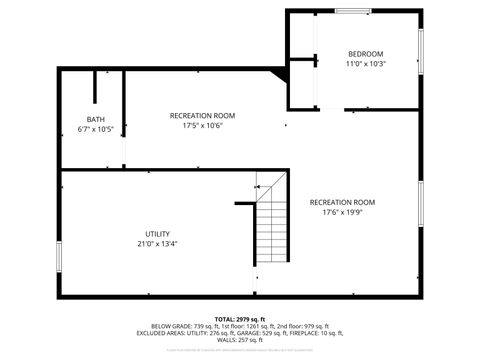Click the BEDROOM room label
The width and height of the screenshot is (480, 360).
click(365, 53)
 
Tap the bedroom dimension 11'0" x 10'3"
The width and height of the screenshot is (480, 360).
click(365, 63)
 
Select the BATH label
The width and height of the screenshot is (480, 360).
click(95, 119)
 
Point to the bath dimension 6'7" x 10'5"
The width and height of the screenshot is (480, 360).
click(95, 130)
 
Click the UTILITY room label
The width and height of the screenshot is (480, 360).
click(157, 234)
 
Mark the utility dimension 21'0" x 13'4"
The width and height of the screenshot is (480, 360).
click(157, 244)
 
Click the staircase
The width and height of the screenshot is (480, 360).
click(271, 228)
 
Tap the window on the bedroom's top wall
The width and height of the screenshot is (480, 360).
click(351, 11)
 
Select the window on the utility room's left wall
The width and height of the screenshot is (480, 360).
click(59, 255)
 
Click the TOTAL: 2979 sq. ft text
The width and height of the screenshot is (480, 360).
click(239, 319)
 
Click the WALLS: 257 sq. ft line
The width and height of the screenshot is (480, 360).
click(239, 340)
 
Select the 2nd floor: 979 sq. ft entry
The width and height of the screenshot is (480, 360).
click(302, 326)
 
